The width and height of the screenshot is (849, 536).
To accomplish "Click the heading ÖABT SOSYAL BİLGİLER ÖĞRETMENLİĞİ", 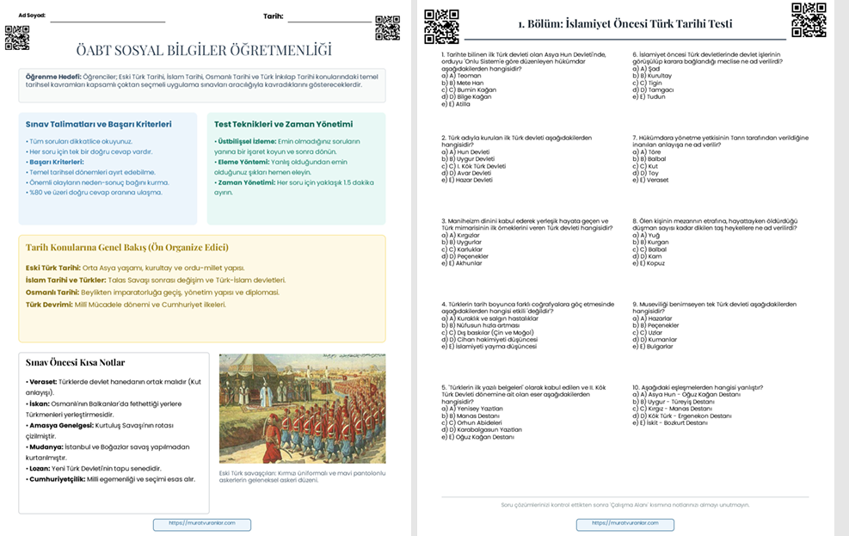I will (x=203, y=50).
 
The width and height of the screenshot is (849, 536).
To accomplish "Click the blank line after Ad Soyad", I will (x=108, y=17).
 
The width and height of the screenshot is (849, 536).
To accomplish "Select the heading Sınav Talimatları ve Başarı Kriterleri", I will (x=98, y=124).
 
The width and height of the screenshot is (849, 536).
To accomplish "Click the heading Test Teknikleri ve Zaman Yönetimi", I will (x=283, y=124).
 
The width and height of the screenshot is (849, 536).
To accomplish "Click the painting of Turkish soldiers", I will (x=302, y=409).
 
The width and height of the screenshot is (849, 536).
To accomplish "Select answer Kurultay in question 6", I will (x=657, y=76).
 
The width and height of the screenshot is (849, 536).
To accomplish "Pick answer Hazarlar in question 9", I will (x=656, y=318).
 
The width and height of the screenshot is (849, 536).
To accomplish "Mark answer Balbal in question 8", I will (x=654, y=250).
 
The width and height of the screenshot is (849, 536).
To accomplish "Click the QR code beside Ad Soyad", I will (x=16, y=38).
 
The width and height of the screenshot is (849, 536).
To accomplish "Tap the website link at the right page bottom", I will (x=624, y=522).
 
